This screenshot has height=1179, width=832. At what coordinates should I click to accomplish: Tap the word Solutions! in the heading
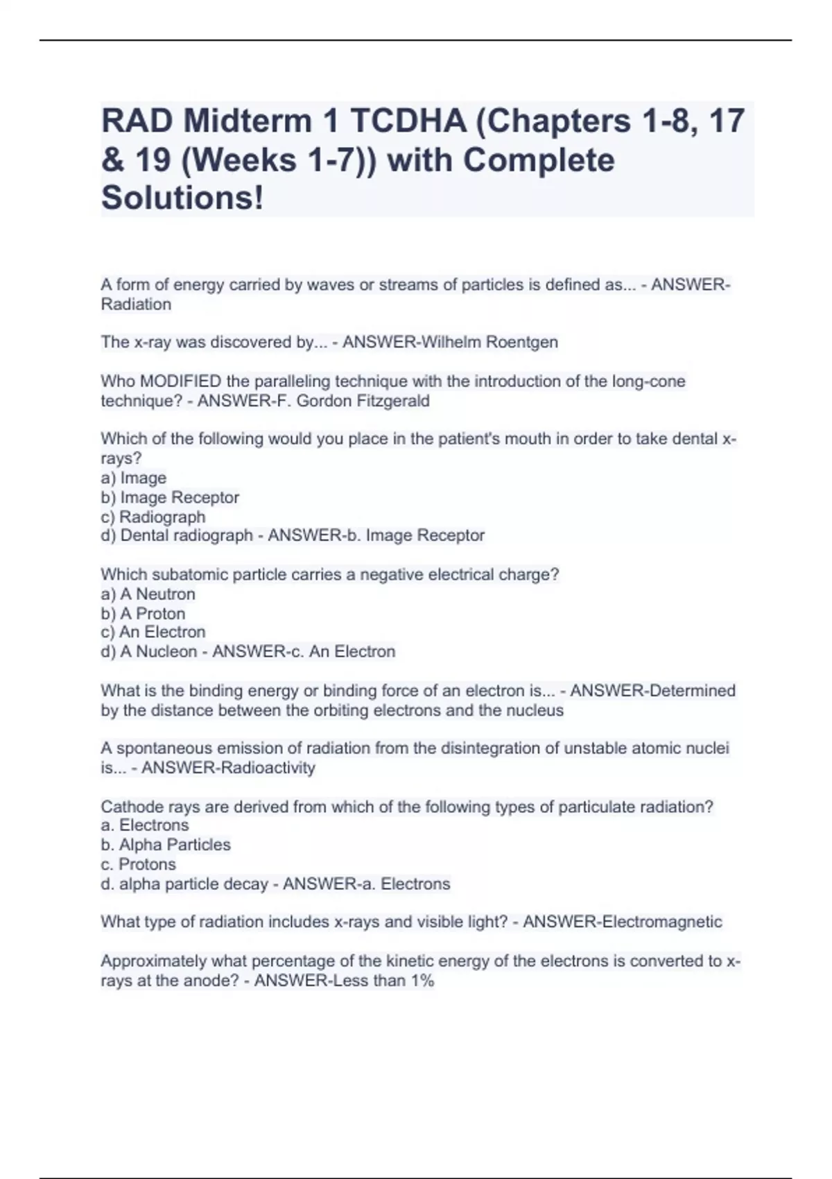tap(182, 198)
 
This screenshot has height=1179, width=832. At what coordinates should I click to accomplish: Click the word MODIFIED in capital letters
tap(181, 381)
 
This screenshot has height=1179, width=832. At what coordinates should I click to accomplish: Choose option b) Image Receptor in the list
tap(170, 497)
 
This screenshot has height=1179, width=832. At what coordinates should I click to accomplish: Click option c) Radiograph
tap(153, 517)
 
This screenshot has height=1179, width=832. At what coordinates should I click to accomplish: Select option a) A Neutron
tap(148, 594)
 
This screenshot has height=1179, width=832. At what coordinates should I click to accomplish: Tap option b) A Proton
tap(143, 614)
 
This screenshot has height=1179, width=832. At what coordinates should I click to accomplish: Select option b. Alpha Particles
tap(166, 845)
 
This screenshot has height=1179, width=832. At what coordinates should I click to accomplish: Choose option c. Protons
tap(139, 864)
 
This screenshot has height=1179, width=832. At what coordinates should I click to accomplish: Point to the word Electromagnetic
tap(662, 922)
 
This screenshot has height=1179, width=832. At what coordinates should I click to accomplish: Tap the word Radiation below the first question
tap(136, 304)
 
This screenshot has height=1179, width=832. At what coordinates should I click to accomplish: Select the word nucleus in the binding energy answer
tap(538, 710)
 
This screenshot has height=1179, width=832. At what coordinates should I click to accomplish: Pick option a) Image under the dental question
tap(134, 478)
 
